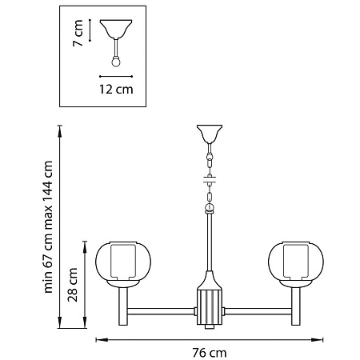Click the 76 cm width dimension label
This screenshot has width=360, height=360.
(210, 353)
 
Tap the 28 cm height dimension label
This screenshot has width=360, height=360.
(73, 285)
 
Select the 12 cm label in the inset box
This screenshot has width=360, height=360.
(116, 89)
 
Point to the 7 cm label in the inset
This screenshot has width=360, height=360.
(78, 33)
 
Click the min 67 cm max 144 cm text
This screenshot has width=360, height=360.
(48, 227)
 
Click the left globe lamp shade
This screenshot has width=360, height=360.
(123, 265)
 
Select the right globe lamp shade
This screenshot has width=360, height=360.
(296, 265)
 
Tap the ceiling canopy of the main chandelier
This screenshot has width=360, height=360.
(210, 134)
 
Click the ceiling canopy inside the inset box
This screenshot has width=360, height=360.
(116, 29)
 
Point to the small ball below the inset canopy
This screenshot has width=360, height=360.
(116, 62)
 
